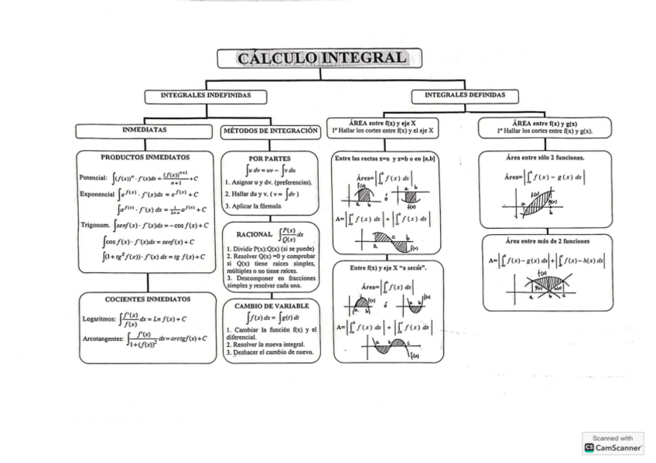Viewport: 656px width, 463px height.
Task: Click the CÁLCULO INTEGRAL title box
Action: (x=319, y=58)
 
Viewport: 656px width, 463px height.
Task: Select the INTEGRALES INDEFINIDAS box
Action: (x=206, y=97)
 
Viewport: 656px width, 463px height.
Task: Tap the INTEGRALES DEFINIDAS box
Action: (x=464, y=96)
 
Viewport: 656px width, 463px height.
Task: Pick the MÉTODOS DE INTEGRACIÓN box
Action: (x=270, y=131)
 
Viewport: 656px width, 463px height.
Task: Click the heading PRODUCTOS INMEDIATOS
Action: (x=145, y=157)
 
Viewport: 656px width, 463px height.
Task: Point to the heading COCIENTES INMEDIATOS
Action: (x=148, y=298)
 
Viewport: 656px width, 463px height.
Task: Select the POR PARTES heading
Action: (x=269, y=158)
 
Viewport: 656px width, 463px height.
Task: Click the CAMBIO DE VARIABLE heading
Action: (x=271, y=306)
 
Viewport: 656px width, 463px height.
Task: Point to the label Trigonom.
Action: (x=95, y=225)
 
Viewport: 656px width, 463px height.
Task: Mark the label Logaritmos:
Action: (x=100, y=318)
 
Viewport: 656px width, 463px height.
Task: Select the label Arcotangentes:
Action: (x=104, y=339)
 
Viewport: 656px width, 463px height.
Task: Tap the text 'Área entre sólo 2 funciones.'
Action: (x=545, y=158)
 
